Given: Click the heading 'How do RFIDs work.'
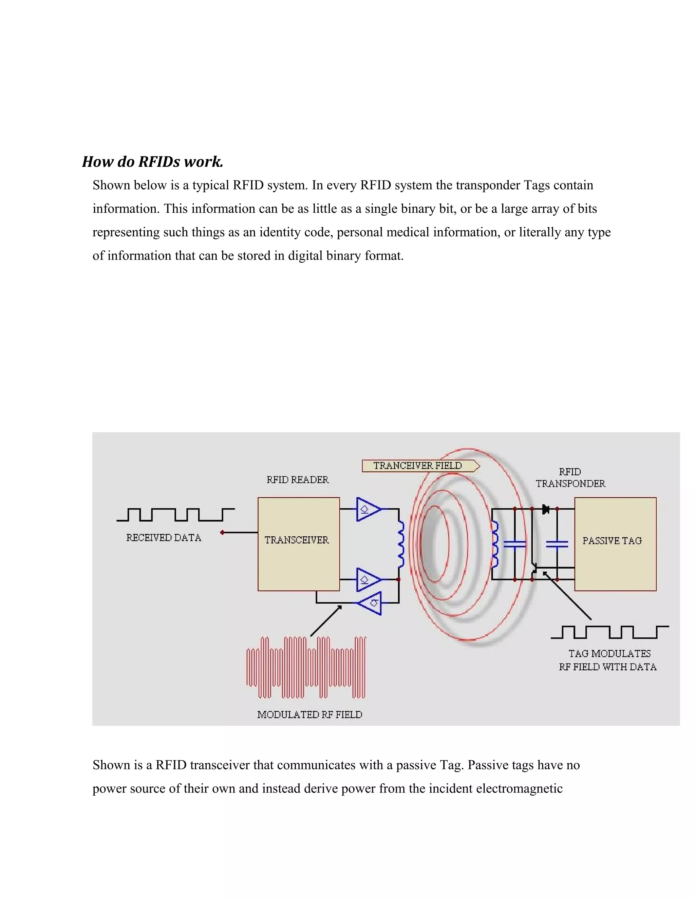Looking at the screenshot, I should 152,162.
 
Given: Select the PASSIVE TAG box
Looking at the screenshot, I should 615,544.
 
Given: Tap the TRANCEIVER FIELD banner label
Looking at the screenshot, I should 418,465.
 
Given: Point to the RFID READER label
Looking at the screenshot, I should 298,480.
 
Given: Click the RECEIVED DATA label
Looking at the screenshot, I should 164,538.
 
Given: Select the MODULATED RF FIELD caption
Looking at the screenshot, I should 309,714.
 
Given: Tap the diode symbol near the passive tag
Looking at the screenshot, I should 546,509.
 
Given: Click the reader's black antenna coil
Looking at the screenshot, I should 401,544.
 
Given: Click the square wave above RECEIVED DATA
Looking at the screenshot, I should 175,515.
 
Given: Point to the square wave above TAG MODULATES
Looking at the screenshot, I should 609,632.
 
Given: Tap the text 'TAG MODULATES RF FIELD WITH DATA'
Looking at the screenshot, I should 607,660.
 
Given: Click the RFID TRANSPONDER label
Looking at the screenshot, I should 570,478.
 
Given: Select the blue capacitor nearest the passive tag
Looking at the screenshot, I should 557,544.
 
